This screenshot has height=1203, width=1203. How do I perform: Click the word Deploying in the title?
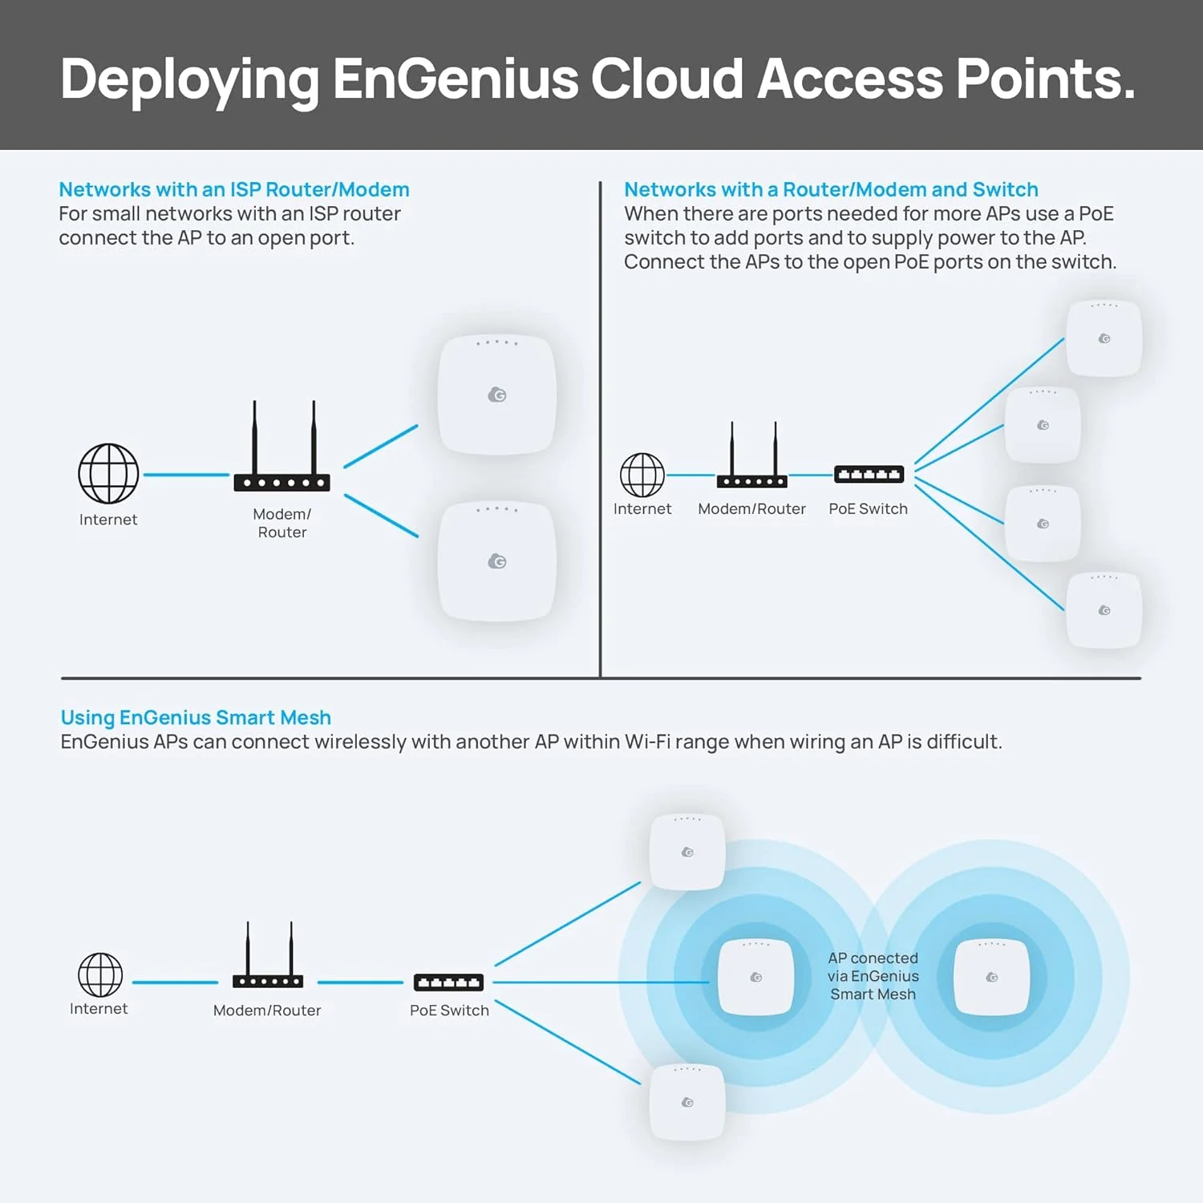pyautogui.click(x=189, y=80)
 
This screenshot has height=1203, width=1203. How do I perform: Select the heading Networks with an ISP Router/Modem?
pyautogui.click(x=234, y=190)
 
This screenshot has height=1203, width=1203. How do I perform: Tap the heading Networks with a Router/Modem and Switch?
pyautogui.click(x=831, y=190)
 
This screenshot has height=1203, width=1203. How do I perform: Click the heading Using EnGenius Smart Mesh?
pyautogui.click(x=196, y=718)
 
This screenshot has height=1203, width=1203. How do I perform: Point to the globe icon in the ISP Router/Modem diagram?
pyautogui.click(x=108, y=473)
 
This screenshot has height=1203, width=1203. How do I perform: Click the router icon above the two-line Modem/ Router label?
pyautogui.click(x=282, y=449)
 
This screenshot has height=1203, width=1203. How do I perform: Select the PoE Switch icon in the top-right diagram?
pyautogui.click(x=869, y=475)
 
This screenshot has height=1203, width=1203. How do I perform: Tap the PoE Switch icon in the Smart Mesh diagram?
pyautogui.click(x=448, y=982)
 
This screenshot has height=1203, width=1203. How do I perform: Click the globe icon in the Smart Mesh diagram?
pyautogui.click(x=100, y=974)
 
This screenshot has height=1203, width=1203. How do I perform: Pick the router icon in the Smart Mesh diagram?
pyautogui.click(x=268, y=958)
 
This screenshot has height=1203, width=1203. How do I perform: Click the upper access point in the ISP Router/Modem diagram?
pyautogui.click(x=497, y=395)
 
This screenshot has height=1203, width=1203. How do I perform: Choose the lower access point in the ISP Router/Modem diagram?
pyautogui.click(x=497, y=561)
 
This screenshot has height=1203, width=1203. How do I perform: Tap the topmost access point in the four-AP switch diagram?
pyautogui.click(x=1104, y=338)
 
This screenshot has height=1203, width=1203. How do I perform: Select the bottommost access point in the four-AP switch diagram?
pyautogui.click(x=1104, y=610)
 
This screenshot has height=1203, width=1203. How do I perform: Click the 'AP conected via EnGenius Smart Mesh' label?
pyautogui.click(x=873, y=976)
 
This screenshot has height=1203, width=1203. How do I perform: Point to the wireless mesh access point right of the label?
pyautogui.click(x=991, y=977)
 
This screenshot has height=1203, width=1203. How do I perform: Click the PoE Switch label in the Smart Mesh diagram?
pyautogui.click(x=449, y=1011)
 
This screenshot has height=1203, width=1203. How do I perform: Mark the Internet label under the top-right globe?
pyautogui.click(x=642, y=508)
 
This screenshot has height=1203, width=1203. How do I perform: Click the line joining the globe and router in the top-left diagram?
pyautogui.click(x=186, y=475)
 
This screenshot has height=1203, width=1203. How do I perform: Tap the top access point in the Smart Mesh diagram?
pyautogui.click(x=687, y=852)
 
